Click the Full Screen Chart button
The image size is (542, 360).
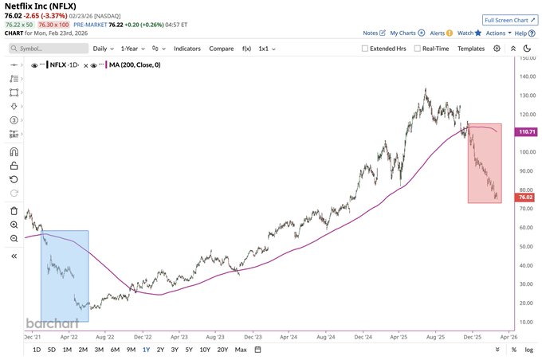click(509, 19)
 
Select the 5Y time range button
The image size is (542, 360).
click(189, 350)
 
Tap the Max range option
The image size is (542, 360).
click(241, 350)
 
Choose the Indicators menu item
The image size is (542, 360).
click(187, 49)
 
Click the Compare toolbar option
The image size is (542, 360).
click(222, 49)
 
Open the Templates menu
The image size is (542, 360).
click(471, 49)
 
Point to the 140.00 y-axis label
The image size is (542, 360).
click(526, 76)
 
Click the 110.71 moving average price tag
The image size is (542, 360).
click(525, 131)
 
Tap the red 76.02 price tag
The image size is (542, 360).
click(525, 197)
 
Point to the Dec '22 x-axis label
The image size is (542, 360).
click(142, 337)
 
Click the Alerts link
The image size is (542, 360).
click(437, 33)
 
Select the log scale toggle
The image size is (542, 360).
click(528, 350)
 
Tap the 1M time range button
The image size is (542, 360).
click(67, 350)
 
